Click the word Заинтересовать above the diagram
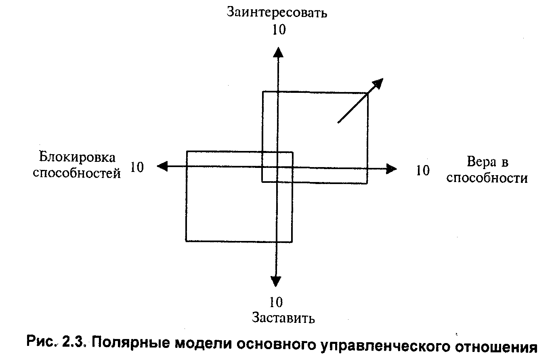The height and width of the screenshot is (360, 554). click(277, 13)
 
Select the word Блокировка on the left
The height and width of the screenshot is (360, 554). click(77, 158)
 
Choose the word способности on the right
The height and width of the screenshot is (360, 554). click(487, 178)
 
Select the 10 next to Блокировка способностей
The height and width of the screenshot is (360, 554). click(137, 167)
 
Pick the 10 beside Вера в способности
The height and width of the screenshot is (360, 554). click(423, 171)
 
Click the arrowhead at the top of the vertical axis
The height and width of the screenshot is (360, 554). click(277, 52)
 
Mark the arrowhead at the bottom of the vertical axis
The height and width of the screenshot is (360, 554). click(276, 281)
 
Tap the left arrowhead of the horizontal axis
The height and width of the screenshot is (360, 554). click(162, 166)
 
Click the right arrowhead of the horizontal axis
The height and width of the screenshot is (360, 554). click(391, 169)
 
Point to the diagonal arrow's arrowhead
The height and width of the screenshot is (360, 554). click(377, 83)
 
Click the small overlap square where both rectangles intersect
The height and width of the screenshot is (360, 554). click(277, 167)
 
